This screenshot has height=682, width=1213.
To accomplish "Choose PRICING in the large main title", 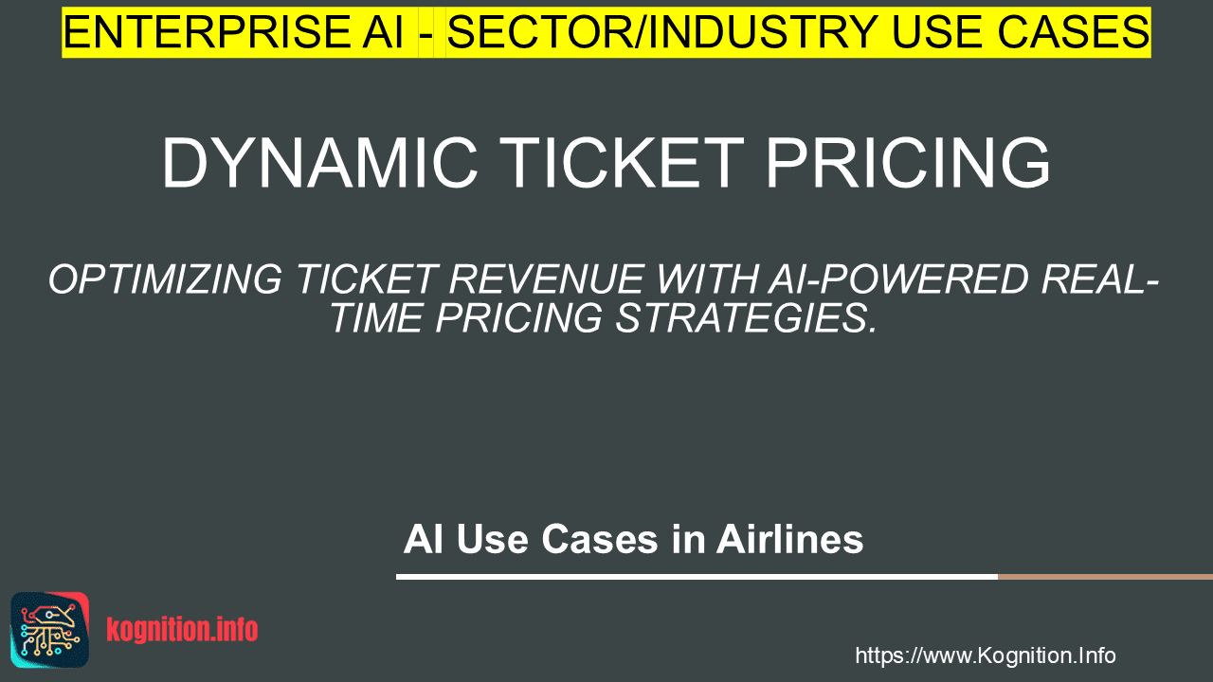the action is point(908,163).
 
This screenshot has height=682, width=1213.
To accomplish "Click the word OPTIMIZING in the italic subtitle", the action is point(166,279).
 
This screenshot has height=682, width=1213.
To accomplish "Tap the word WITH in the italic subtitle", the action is point(707,279).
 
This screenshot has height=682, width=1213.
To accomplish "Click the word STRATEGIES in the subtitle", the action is point(746,317).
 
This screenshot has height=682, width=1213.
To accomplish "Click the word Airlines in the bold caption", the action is point(790,540).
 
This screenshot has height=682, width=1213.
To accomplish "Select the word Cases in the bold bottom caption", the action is point(600,540).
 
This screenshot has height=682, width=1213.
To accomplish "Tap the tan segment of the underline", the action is point(1105,577).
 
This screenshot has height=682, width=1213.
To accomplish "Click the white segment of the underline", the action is point(697,577).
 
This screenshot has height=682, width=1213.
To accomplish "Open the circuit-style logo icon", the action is point(50,630).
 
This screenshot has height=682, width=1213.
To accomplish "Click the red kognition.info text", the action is point(182,630).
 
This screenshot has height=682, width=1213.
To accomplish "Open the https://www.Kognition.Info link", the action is point(986,656).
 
